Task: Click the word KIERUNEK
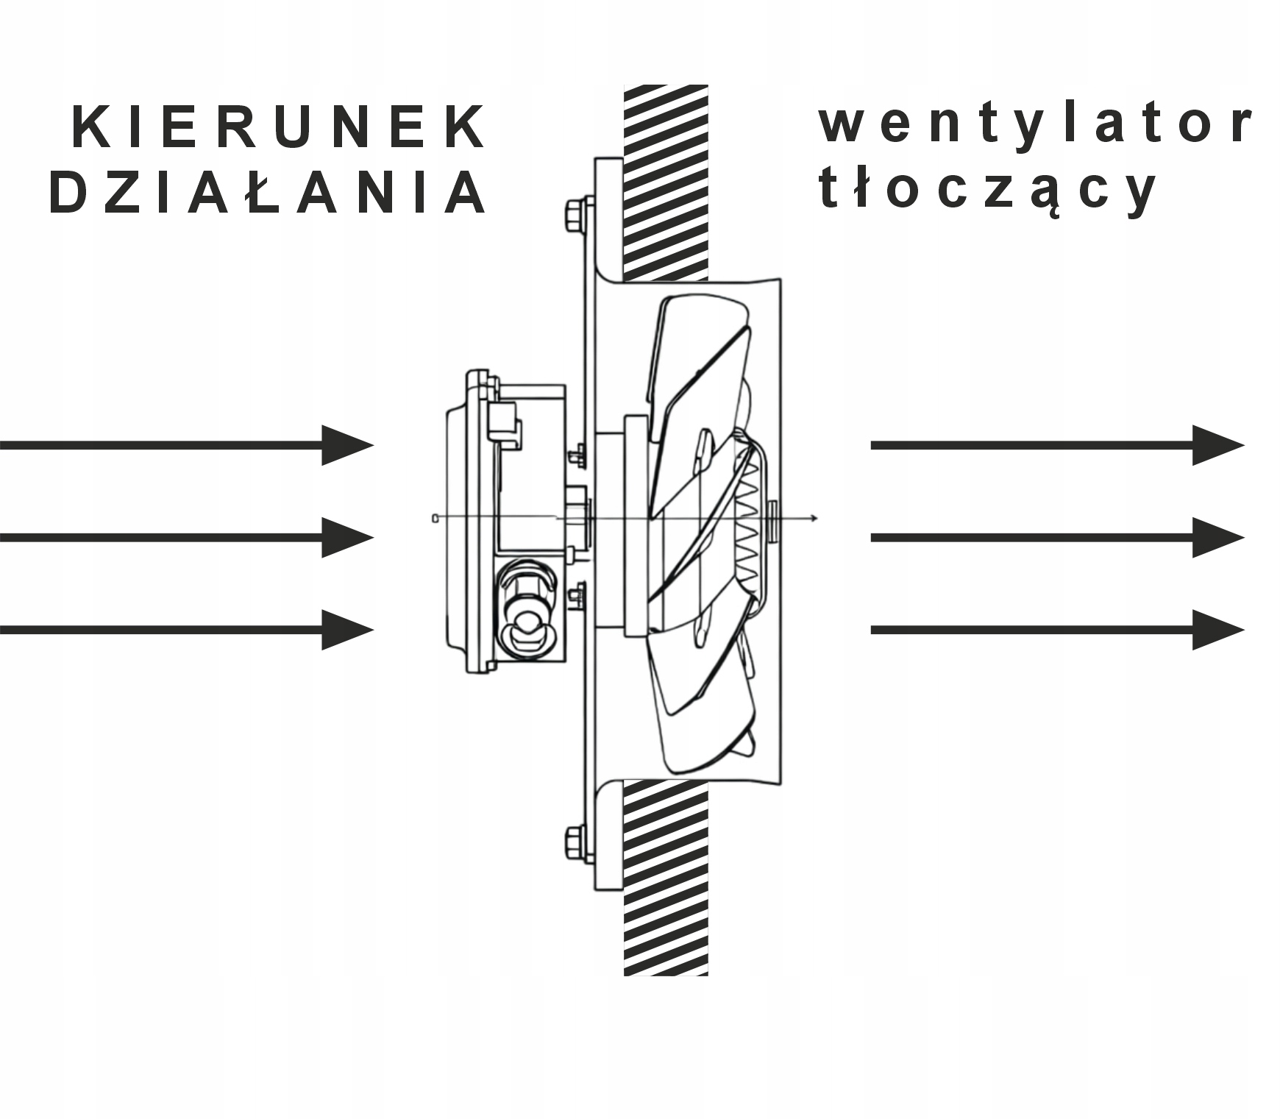[280, 128]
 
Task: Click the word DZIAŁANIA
[269, 193]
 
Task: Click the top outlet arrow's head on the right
[1217, 445]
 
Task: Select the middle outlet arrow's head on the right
[1217, 537]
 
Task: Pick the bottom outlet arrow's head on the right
[1217, 630]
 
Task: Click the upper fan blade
[699, 353]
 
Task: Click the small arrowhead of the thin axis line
[814, 519]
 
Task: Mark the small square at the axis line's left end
[435, 519]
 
